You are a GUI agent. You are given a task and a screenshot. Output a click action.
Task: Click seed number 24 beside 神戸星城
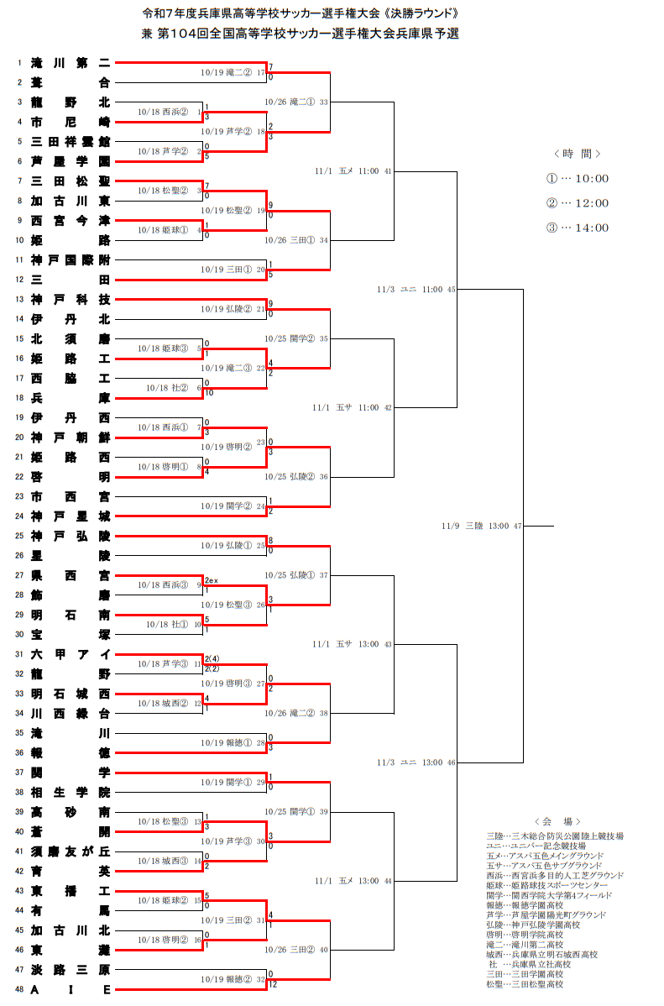coord(19,516)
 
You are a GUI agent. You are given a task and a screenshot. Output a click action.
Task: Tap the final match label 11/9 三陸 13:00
coord(482,526)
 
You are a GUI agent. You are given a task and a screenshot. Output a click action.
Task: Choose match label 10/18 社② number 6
coord(173,388)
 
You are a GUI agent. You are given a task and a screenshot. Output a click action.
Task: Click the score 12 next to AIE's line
coord(274,985)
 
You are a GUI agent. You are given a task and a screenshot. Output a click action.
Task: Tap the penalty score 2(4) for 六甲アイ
coord(212,658)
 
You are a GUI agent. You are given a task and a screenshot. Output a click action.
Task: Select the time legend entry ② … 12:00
coord(578,203)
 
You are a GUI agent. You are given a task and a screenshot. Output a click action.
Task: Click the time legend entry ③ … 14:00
coord(578,228)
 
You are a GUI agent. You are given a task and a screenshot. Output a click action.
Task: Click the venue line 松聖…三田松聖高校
coord(525,984)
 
